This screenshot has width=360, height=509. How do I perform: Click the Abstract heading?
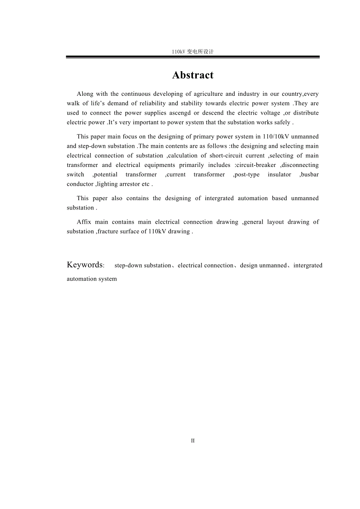[x=193, y=75]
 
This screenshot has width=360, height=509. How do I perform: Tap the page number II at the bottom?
[x=193, y=441]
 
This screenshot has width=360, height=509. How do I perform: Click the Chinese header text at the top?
[x=193, y=52]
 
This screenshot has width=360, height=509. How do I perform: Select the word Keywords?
[x=85, y=265]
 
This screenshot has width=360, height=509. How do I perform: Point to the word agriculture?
[x=208, y=94]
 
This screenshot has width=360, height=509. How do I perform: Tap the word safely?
[x=280, y=122]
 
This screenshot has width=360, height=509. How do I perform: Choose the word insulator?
[x=279, y=174]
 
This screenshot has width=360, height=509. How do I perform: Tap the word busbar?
[x=310, y=174]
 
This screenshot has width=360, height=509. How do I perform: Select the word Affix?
[x=84, y=222]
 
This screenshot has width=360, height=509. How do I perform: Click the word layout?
[x=275, y=222]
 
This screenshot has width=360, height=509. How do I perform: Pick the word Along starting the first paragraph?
[x=85, y=94]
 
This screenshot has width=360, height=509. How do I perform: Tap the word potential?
[x=106, y=174]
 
